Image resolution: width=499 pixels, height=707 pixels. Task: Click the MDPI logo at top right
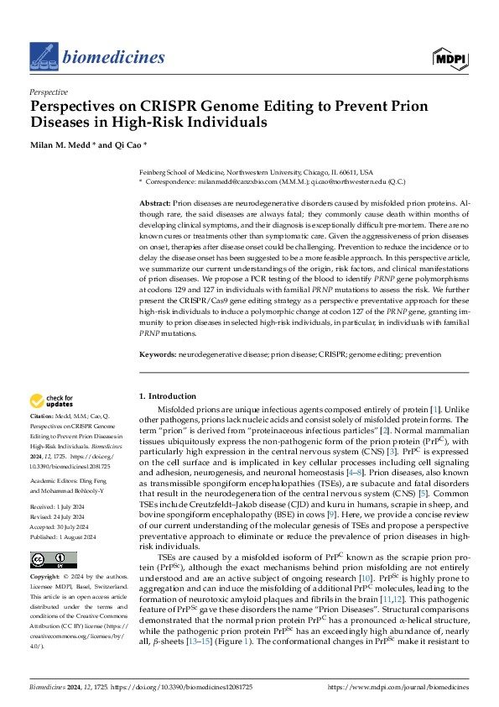(450, 57)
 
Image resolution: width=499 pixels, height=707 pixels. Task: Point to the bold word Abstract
(153, 204)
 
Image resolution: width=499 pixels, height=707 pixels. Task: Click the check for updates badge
(52, 402)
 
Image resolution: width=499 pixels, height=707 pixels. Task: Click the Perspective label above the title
(49, 92)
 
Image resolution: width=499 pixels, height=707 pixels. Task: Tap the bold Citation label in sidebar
(43, 417)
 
